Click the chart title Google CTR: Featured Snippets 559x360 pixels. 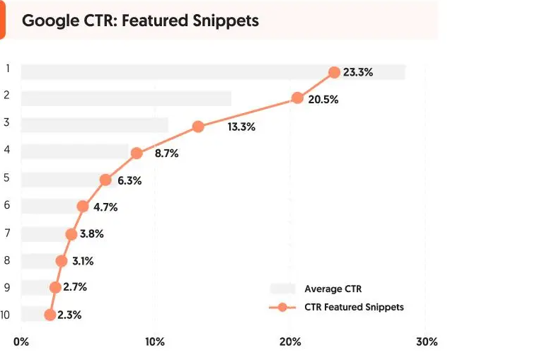(140, 20)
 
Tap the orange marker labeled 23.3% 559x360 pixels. (335, 72)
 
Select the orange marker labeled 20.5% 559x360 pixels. (297, 98)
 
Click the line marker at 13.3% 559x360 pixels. (198, 127)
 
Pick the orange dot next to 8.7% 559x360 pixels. (137, 153)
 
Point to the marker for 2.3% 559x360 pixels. (50, 315)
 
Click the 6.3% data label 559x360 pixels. (129, 180)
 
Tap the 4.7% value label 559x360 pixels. (105, 207)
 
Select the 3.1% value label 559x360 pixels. (83, 261)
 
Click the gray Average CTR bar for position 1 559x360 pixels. (212, 72)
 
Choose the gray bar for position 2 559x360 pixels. (126, 98)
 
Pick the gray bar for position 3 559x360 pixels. (95, 125)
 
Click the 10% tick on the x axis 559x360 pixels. (155, 342)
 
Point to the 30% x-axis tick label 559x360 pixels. (427, 342)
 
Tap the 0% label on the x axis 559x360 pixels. (21, 342)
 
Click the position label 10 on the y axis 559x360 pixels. (6, 315)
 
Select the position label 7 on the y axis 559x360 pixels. (7, 233)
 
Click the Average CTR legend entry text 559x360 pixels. (333, 289)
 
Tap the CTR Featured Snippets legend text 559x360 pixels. (354, 307)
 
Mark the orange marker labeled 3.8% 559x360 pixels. (71, 234)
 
